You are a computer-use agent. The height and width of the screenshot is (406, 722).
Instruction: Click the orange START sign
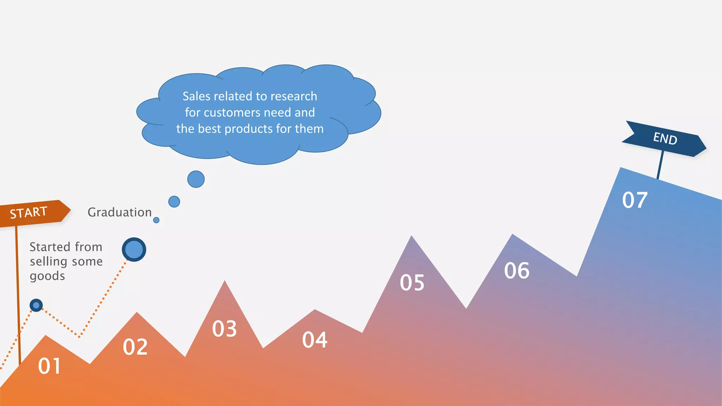[33, 213]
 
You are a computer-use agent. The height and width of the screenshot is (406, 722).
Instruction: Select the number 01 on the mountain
[49, 366]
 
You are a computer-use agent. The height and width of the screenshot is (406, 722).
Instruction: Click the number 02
[135, 347]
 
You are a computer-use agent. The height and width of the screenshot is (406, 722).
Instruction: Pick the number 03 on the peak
[224, 329]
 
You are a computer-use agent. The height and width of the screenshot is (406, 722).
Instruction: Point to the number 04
[314, 340]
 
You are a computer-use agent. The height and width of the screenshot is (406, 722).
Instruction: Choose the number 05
[412, 282]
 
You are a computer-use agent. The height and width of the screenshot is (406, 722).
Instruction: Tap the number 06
[516, 270]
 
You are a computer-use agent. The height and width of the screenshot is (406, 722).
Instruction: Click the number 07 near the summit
[635, 200]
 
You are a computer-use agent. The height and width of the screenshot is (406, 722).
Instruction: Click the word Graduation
[120, 212]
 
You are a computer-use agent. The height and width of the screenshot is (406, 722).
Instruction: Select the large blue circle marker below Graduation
[134, 250]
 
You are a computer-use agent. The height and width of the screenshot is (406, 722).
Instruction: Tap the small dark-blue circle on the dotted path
[36, 305]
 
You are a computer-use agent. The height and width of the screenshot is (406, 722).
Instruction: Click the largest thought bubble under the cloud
[196, 179]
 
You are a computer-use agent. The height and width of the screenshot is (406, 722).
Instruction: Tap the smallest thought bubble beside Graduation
[156, 220]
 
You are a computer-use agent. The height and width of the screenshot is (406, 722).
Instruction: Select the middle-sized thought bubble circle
[174, 202]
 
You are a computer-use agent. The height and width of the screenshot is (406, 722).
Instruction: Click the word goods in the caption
[47, 276]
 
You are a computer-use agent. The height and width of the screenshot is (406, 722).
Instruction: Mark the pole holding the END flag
[660, 165]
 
